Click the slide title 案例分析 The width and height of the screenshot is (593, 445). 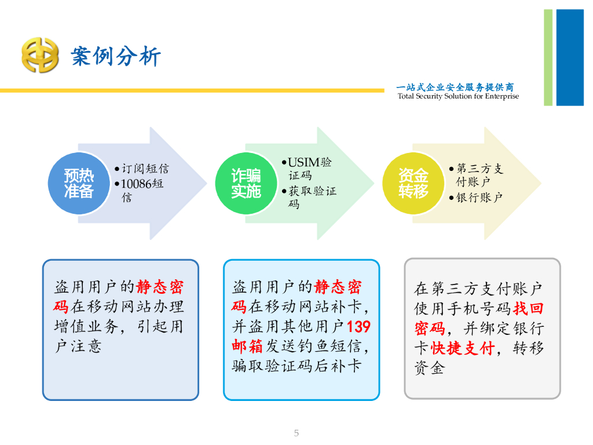(116, 57)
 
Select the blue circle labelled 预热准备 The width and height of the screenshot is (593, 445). (79, 183)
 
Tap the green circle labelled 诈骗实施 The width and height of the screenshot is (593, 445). (246, 183)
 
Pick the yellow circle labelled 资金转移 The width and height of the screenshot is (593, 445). (413, 183)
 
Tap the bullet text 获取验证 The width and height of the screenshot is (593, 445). (312, 191)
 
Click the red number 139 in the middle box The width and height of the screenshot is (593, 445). (358, 326)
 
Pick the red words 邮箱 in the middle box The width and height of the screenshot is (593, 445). (248, 346)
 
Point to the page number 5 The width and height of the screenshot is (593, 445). (296, 433)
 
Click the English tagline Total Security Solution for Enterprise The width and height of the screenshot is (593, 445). (458, 96)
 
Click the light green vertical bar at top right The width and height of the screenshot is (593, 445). (548, 57)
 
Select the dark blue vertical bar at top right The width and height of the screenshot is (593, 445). (570, 57)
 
